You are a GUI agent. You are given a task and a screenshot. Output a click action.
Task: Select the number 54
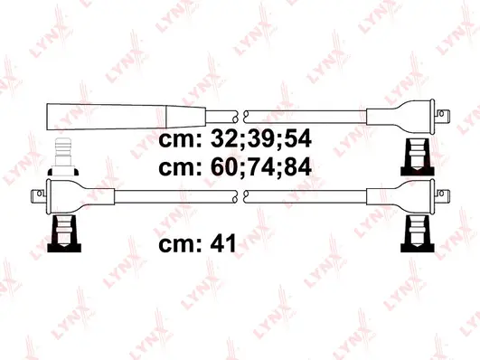(x=298, y=142)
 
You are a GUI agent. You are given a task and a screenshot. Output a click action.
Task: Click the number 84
(x=298, y=168)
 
